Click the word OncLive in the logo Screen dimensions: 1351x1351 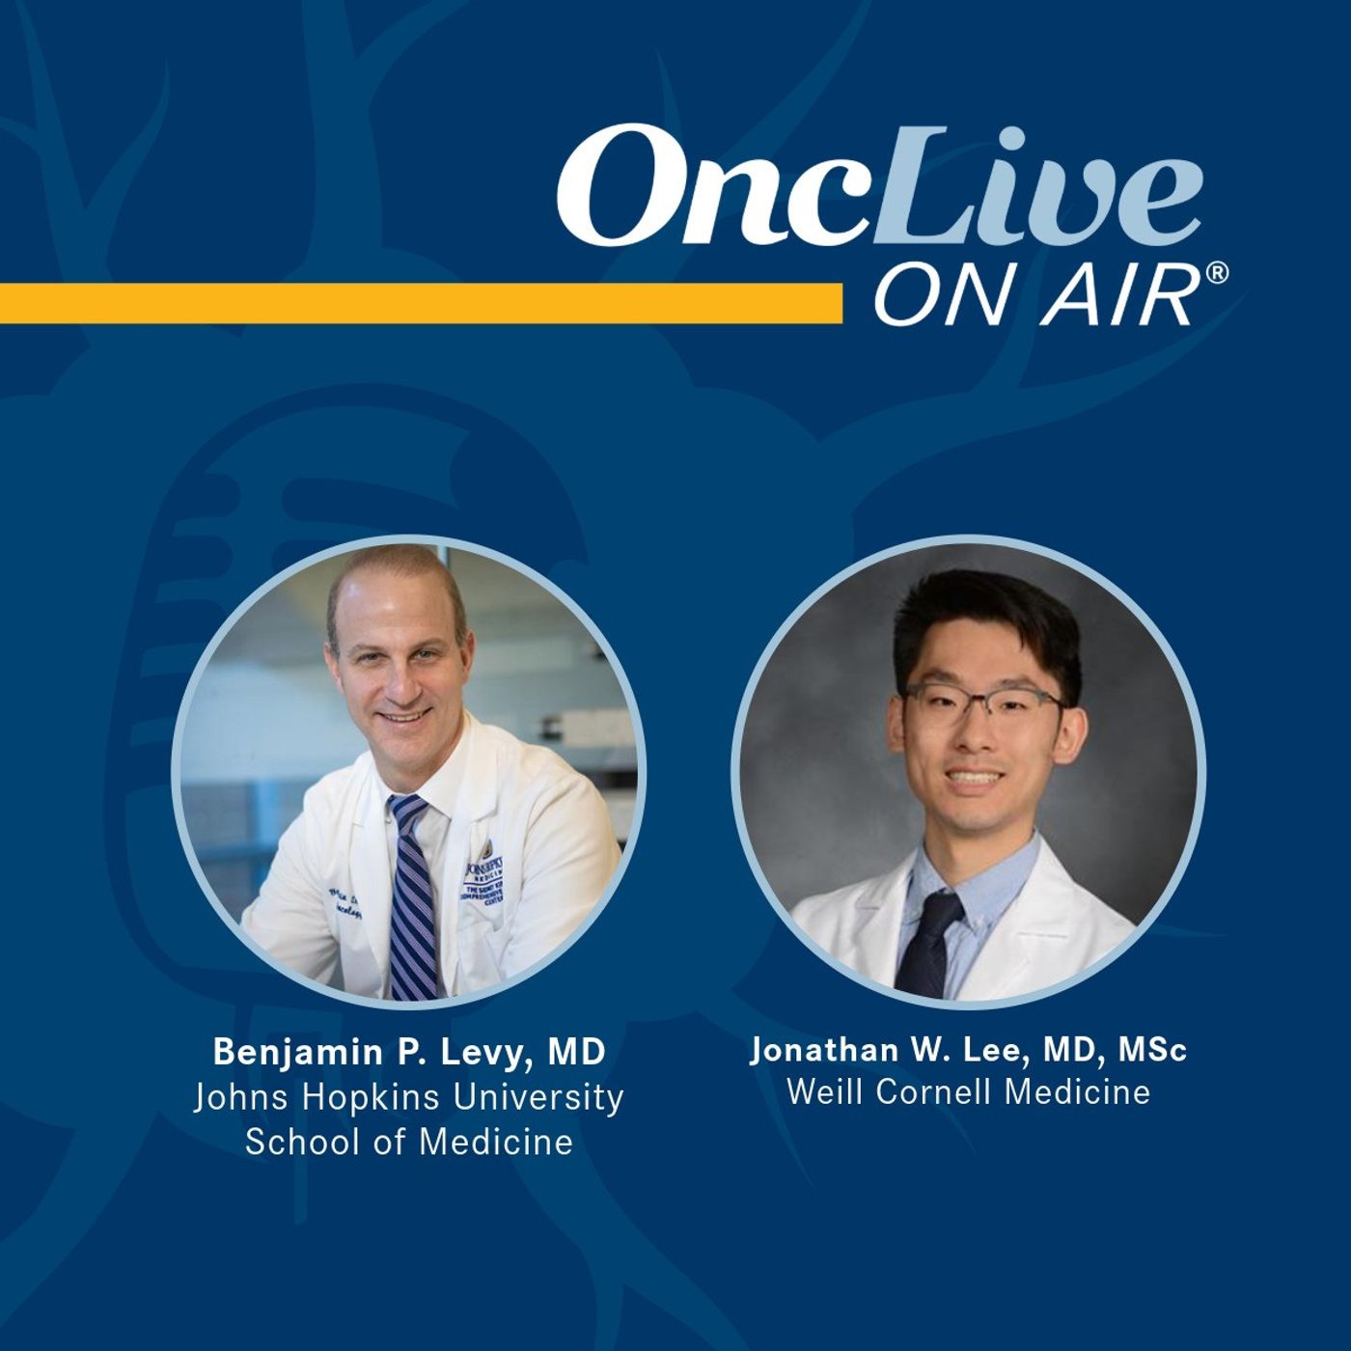point(878,186)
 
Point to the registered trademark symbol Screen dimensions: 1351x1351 point(1217,275)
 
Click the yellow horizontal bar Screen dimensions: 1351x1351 point(420,302)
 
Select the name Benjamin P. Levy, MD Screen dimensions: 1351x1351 point(409,1052)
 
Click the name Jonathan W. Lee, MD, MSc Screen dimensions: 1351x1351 point(968,1050)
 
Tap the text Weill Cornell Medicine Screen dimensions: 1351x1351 point(968,1092)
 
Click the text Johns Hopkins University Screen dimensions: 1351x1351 point(409,1097)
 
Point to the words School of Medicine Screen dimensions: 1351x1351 point(409,1143)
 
